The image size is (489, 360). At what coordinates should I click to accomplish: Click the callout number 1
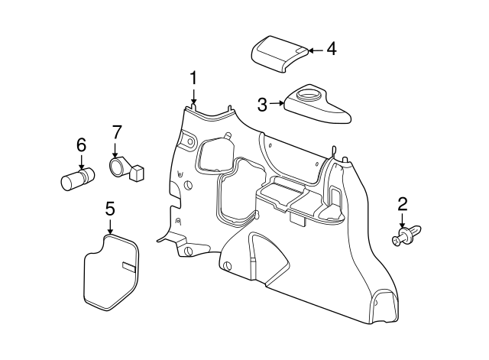[194, 77]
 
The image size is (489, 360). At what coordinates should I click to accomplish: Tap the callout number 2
[402, 204]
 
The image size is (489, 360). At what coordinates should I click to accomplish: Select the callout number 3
[262, 104]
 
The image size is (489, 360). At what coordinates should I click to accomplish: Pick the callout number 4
[330, 49]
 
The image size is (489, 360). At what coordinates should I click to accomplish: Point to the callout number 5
[110, 208]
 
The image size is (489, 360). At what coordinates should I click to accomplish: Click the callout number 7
[116, 131]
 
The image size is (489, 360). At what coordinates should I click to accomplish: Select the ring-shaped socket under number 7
[118, 166]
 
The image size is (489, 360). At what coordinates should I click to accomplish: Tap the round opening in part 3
[310, 96]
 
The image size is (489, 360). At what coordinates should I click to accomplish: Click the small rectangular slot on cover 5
[128, 267]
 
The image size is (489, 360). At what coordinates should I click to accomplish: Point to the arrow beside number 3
[277, 104]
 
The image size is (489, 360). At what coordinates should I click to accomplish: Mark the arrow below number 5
[110, 226]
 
